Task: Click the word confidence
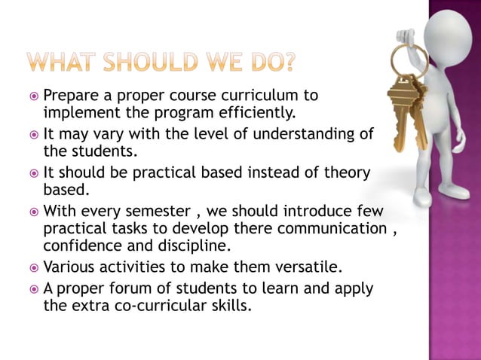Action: tap(83, 245)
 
